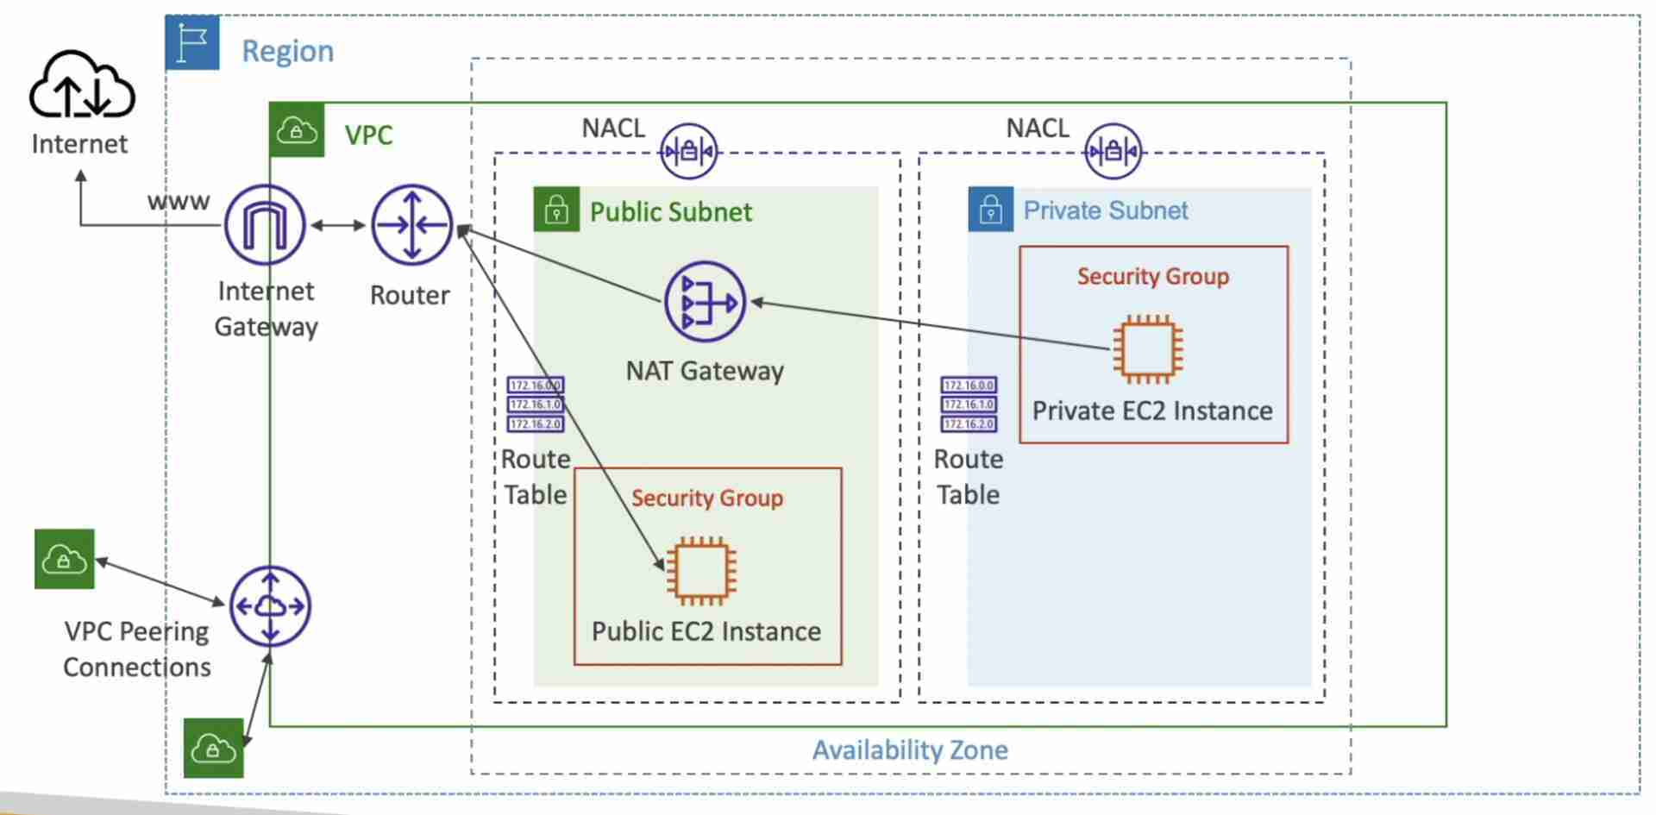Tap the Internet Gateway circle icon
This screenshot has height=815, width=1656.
(x=265, y=225)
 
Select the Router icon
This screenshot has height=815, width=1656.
(x=411, y=225)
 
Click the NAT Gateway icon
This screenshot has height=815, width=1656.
(x=705, y=303)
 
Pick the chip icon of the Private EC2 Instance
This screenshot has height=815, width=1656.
(x=1148, y=349)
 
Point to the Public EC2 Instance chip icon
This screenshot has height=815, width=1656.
(x=701, y=570)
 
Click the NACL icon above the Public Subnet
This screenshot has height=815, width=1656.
(x=688, y=152)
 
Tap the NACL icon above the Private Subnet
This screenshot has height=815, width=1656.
(x=1113, y=152)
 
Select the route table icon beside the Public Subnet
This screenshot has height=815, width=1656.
(x=536, y=404)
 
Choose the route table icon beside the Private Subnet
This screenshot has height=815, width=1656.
(x=969, y=404)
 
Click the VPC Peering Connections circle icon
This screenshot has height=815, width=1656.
(x=270, y=606)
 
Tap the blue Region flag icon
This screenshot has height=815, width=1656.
(x=192, y=42)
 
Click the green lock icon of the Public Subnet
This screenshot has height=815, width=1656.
(x=556, y=210)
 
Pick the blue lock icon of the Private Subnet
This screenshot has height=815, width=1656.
(x=990, y=210)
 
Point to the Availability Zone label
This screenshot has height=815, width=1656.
(x=910, y=750)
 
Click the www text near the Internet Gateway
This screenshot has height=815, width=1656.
(x=179, y=202)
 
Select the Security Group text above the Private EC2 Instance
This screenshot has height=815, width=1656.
(x=1152, y=277)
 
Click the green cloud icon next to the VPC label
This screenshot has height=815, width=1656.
(x=297, y=130)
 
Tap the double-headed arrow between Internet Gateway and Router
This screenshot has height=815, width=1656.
(x=338, y=225)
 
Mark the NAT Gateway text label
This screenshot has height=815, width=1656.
(x=705, y=371)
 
